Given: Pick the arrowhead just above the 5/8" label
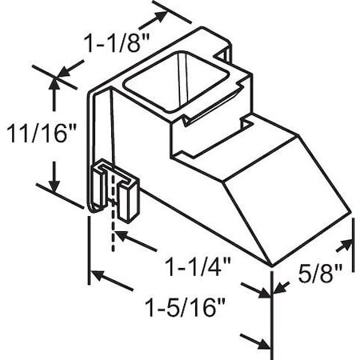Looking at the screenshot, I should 350,242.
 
